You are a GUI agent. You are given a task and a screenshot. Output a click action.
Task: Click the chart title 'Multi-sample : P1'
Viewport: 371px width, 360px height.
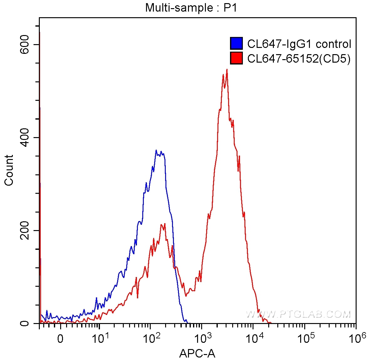[191, 8]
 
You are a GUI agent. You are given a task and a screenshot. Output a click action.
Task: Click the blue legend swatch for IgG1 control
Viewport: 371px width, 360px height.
[236, 44]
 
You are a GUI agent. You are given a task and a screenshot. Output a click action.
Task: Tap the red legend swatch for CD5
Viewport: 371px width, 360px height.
[236, 58]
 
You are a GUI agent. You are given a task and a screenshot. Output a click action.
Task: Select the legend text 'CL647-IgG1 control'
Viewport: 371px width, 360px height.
[299, 44]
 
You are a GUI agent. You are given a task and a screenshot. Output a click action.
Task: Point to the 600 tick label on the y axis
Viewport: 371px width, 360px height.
[25, 44]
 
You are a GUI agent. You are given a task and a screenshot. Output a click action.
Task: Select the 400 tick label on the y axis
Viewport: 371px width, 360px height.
[25, 137]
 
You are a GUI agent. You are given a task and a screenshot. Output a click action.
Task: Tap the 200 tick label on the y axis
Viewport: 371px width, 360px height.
[25, 230]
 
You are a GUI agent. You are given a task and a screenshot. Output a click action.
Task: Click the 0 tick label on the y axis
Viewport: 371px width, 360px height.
[25, 323]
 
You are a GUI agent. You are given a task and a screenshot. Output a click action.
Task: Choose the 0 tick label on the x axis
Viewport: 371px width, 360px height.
[60, 339]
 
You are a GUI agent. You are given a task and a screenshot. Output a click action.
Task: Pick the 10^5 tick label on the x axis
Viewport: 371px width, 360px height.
[306, 338]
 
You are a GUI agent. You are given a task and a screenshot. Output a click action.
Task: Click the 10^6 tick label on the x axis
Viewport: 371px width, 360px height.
[357, 338]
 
